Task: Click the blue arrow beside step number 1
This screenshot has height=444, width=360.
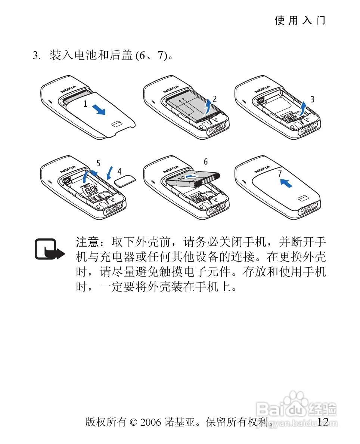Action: [99, 109]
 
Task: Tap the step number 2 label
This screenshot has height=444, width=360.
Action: [215, 99]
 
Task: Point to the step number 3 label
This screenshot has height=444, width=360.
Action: [313, 99]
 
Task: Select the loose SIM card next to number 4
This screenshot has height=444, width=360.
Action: [125, 181]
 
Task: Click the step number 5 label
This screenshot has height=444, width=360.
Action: [98, 163]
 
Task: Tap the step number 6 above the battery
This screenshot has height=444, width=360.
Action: [206, 162]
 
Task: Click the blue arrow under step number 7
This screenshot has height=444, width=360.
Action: [286, 183]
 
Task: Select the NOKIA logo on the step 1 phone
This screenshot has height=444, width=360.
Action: [68, 89]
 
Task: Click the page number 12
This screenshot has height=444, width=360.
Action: [323, 422]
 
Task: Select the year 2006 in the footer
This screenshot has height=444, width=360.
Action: [150, 422]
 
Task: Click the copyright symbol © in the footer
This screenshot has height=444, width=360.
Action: [133, 422]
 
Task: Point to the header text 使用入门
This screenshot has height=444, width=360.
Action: [300, 21]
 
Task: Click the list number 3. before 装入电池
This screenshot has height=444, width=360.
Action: [37, 55]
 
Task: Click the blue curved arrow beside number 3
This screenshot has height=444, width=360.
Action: [303, 109]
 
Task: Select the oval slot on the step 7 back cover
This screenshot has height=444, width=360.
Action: [303, 198]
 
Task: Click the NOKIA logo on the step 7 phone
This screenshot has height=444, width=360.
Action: [263, 169]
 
